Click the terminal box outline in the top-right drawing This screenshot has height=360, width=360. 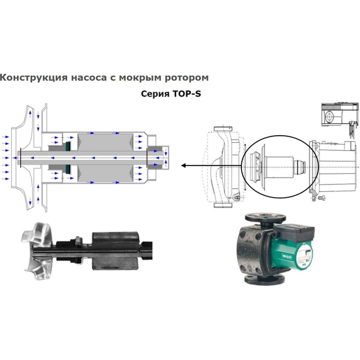tap(334, 116)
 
